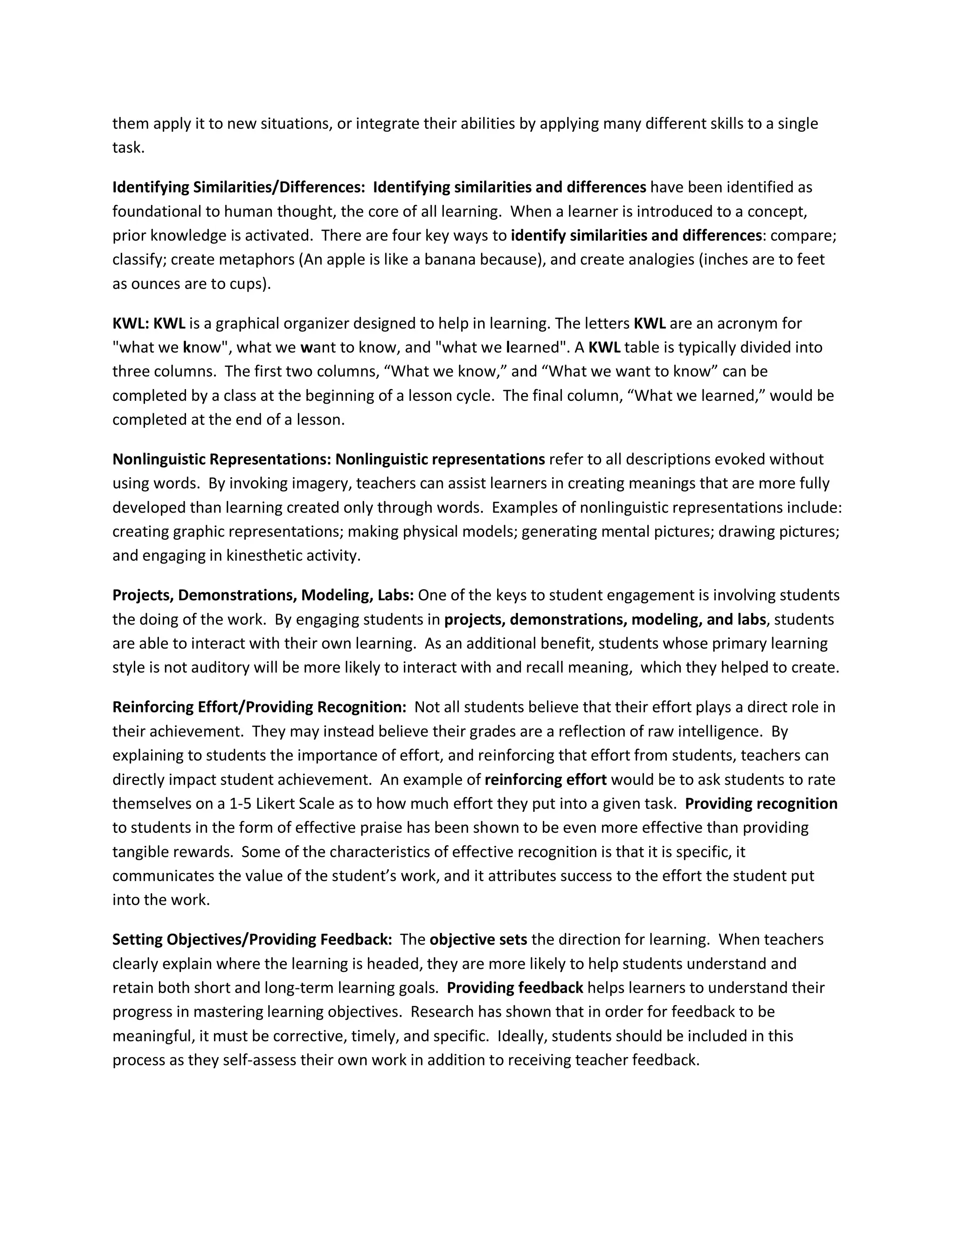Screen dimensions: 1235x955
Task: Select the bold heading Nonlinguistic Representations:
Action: pyautogui.click(x=221, y=459)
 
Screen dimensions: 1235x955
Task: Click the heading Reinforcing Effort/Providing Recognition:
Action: pyautogui.click(x=259, y=707)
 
